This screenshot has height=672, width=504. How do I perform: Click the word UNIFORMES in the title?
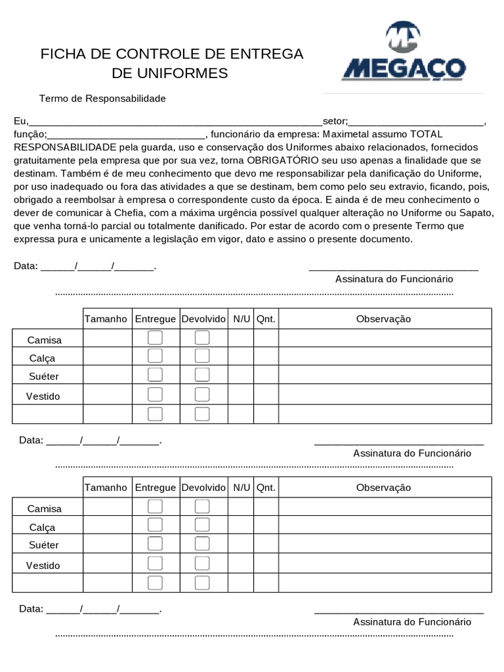170,73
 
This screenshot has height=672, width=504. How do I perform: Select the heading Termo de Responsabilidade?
102,98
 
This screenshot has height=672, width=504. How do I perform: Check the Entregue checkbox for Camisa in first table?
155,338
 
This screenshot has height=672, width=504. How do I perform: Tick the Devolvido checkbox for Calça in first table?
202,356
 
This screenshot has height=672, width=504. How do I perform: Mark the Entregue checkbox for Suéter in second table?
155,543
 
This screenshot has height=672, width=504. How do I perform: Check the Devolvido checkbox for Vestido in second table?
202,563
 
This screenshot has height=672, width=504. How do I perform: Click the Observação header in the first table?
383,319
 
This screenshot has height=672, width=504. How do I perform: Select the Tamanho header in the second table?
106,488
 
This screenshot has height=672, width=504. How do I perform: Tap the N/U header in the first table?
241,319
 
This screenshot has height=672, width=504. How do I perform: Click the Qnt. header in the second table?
266,488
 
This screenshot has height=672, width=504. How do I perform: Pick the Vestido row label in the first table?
43,396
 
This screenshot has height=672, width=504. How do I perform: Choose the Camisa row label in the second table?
44,509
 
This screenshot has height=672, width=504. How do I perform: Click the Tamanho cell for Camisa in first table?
107,338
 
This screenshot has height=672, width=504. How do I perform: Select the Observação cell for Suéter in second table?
385,544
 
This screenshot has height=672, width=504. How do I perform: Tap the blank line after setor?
416,121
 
